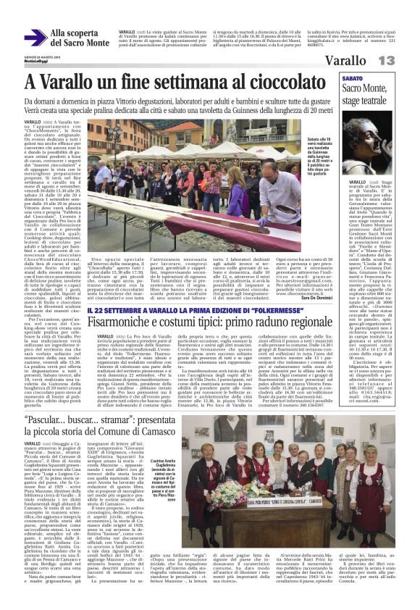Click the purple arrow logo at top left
35,38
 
